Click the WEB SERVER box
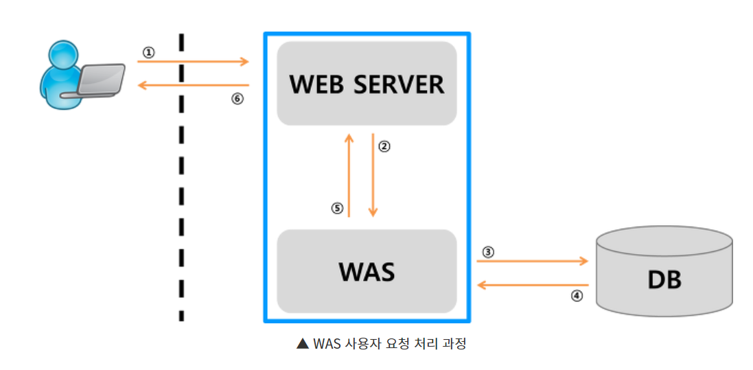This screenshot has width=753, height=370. click(x=367, y=84)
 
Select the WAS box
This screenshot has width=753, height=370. click(x=367, y=271)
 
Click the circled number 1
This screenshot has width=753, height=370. click(x=148, y=51)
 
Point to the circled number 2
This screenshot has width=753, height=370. click(x=384, y=146)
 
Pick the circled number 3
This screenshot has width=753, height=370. click(x=487, y=252)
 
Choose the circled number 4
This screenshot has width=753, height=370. click(x=577, y=296)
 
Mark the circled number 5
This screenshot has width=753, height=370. click(x=336, y=209)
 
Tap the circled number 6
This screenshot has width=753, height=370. click(x=237, y=98)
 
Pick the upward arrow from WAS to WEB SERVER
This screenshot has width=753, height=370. click(x=349, y=175)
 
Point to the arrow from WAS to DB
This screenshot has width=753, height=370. click(x=533, y=262)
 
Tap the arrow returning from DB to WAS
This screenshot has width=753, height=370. click(x=533, y=284)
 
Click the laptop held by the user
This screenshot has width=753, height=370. click(x=100, y=80)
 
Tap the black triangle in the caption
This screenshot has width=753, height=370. click(x=302, y=344)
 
